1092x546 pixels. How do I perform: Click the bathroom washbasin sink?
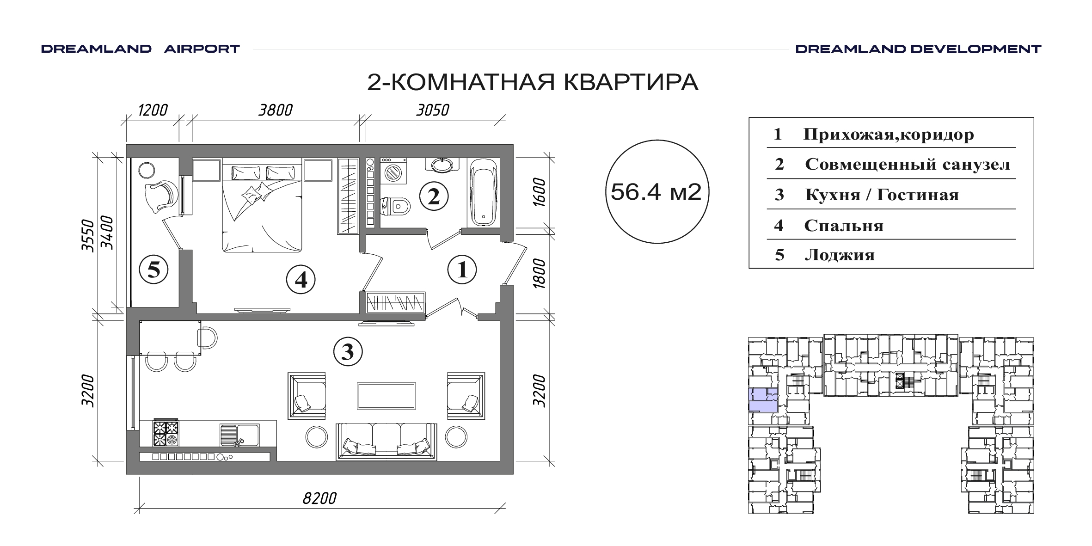click(x=443, y=165)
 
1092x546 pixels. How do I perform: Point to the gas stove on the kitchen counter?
click(x=166, y=433)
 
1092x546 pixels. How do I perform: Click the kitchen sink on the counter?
click(x=239, y=435)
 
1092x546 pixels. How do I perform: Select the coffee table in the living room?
click(x=386, y=396)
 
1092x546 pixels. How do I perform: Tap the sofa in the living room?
click(x=386, y=441)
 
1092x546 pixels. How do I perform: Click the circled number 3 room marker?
click(x=348, y=352)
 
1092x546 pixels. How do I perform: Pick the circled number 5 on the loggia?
click(x=153, y=269)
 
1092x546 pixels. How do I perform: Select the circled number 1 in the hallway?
click(x=462, y=270)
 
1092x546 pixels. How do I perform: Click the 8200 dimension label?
click(x=319, y=498)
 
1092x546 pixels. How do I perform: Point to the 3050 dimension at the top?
click(x=433, y=110)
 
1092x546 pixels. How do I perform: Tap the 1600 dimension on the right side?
click(x=539, y=192)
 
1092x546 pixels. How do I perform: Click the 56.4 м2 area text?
click(x=656, y=191)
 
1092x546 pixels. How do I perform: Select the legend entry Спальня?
click(x=844, y=226)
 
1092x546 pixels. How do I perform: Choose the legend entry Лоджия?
click(x=840, y=255)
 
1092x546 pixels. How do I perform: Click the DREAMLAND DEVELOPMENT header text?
click(x=918, y=49)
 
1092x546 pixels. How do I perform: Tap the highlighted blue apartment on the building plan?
click(x=763, y=400)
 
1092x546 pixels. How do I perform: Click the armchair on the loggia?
click(x=160, y=196)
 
